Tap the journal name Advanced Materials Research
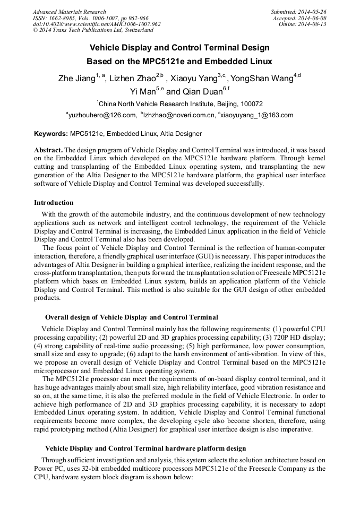(70, 12)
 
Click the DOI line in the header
(97, 24)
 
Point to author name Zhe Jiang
(76, 79)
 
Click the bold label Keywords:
(51, 134)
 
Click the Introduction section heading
(54, 202)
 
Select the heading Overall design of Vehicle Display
(131, 317)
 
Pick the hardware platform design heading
(145, 448)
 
